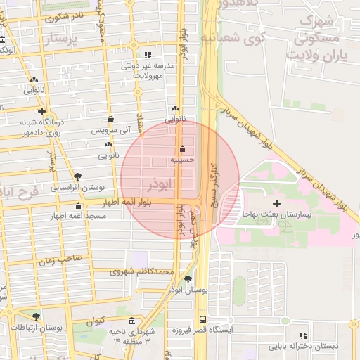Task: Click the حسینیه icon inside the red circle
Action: [183, 148]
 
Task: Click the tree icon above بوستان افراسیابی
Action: [77, 176]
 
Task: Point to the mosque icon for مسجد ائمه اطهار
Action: [78, 206]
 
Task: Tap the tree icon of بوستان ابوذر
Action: [187, 279]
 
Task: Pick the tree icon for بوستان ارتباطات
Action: [36, 317]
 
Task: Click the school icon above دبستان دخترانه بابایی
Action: [304, 336]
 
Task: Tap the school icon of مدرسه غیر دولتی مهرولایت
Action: [147, 54]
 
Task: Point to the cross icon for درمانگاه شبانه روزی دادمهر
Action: [42, 111]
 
